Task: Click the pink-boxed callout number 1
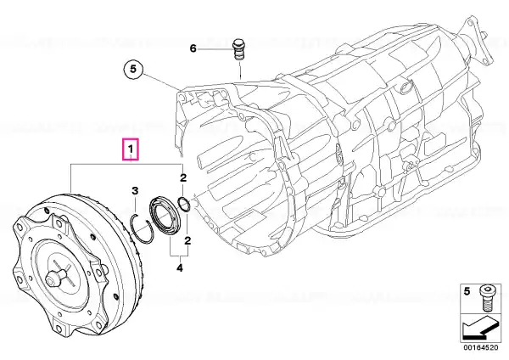pyautogui.click(x=130, y=149)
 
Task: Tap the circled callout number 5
pyautogui.click(x=133, y=70)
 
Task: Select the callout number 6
pyautogui.click(x=193, y=48)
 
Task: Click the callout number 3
pyautogui.click(x=135, y=191)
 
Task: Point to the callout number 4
pyautogui.click(x=180, y=268)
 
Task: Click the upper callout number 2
pyautogui.click(x=183, y=177)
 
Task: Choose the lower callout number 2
pyautogui.click(x=187, y=241)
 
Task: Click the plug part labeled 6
pyautogui.click(x=239, y=49)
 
